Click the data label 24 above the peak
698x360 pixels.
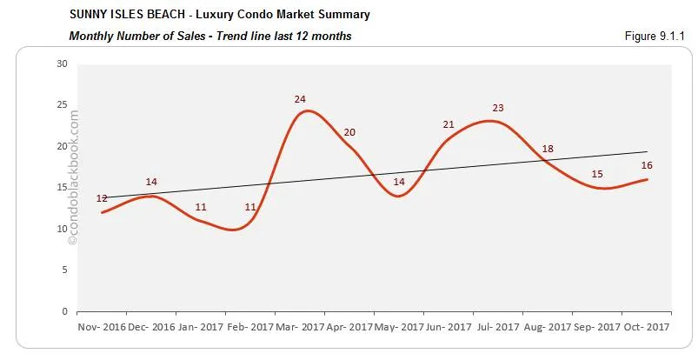click(x=300, y=99)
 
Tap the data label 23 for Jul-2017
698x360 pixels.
click(x=498, y=108)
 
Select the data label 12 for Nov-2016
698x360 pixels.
click(x=102, y=199)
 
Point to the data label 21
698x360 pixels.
click(x=449, y=125)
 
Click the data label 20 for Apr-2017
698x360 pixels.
click(x=349, y=132)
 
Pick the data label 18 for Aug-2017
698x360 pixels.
click(x=548, y=149)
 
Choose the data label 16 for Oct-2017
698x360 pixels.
click(x=647, y=165)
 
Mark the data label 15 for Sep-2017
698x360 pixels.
click(x=597, y=174)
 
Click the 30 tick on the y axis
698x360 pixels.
click(x=62, y=63)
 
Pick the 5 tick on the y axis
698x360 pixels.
click(x=64, y=270)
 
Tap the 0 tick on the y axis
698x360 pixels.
click(x=64, y=310)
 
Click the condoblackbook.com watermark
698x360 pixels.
click(x=73, y=183)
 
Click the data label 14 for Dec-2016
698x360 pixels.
click(x=151, y=183)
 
